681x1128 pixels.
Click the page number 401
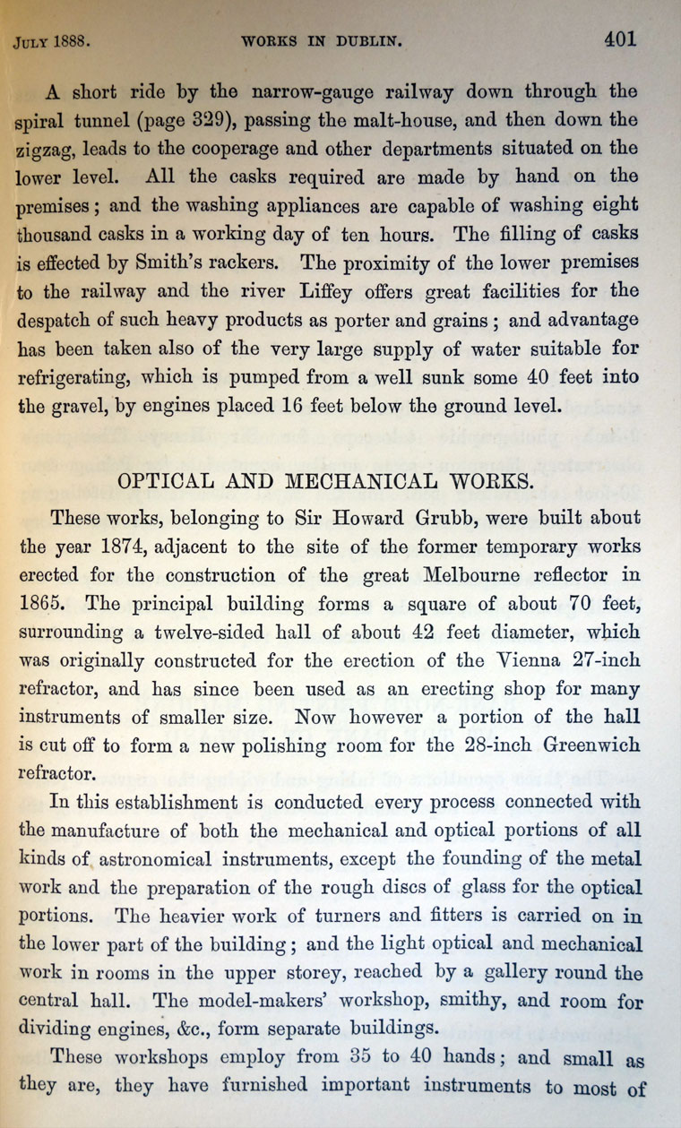(619, 39)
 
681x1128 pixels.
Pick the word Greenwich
(582, 746)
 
